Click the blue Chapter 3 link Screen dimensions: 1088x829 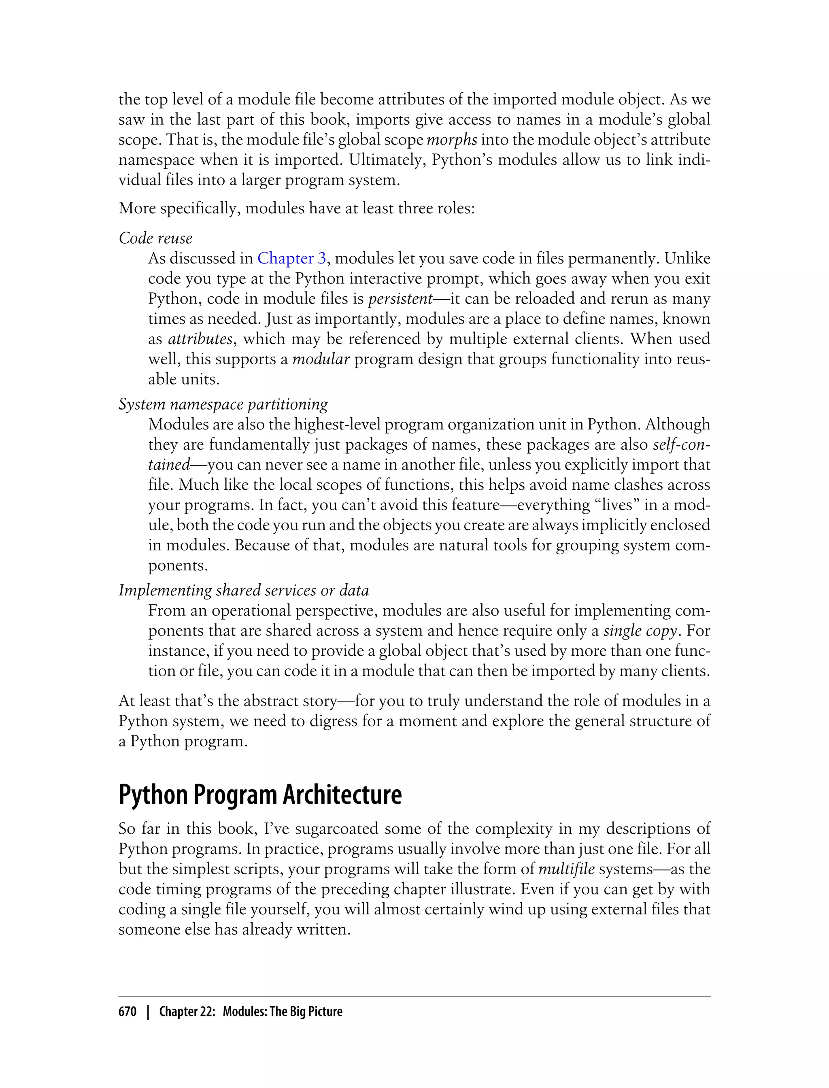point(291,258)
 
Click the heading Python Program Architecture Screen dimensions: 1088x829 point(260,795)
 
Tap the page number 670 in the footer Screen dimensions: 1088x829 point(128,1011)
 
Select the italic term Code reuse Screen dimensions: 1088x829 point(155,238)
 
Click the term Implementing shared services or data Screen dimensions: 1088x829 point(244,590)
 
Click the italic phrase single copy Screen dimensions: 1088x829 point(640,631)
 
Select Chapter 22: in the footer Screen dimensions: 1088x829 point(187,1011)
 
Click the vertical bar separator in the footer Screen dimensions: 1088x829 point(147,1011)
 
